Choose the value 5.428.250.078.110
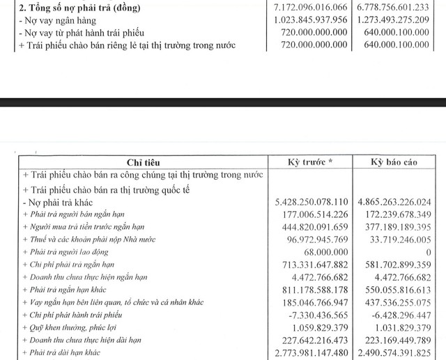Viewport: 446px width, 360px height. click(x=314, y=201)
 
